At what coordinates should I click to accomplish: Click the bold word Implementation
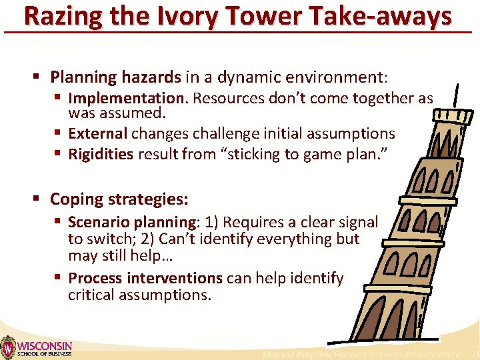pos(129,99)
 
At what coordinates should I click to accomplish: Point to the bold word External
pos(97,133)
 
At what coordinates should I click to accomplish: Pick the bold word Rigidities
pos(101,155)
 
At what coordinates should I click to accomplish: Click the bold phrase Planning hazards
pos(115,77)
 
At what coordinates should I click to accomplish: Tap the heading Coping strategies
pos(119,199)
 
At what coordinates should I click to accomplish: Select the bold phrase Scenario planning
pos(131,222)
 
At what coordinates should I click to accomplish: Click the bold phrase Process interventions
pos(145,278)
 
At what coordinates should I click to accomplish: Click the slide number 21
pos(474,355)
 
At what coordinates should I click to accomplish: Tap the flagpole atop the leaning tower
pos(455,97)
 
